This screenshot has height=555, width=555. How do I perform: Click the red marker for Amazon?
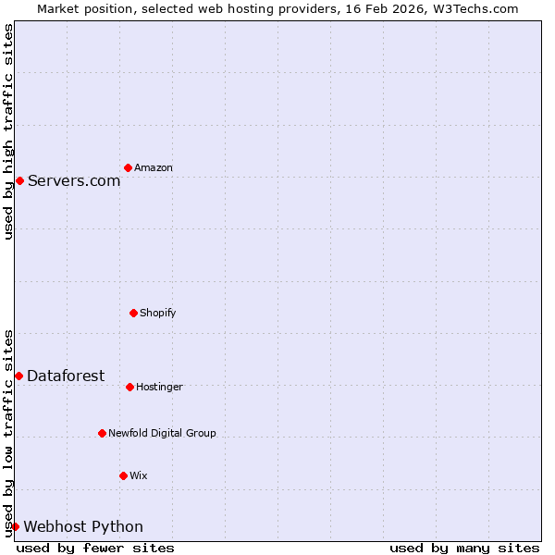128,167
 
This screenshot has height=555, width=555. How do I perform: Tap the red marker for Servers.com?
19,180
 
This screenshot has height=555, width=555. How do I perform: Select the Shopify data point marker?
133,313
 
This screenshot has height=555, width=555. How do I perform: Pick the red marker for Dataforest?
18,376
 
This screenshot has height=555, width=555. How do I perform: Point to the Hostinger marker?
129,387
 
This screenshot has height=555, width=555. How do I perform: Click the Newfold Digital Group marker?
102,433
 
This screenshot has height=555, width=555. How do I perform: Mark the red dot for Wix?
123,475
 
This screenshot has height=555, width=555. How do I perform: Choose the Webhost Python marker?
15,526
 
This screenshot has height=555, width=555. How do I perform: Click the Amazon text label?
154,168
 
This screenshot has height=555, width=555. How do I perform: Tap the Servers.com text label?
74,181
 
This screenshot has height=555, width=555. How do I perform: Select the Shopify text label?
158,314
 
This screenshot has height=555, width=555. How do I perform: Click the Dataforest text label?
66,376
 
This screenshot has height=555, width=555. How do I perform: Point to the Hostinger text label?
160,388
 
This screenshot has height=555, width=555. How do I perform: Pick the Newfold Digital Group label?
162,434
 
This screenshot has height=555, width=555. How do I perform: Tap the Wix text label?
139,476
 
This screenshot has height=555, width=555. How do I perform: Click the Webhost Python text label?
83,527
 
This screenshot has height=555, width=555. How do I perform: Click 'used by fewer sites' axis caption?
95,549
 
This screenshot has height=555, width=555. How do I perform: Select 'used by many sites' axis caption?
464,549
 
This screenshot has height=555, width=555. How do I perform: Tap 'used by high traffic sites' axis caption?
8,131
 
